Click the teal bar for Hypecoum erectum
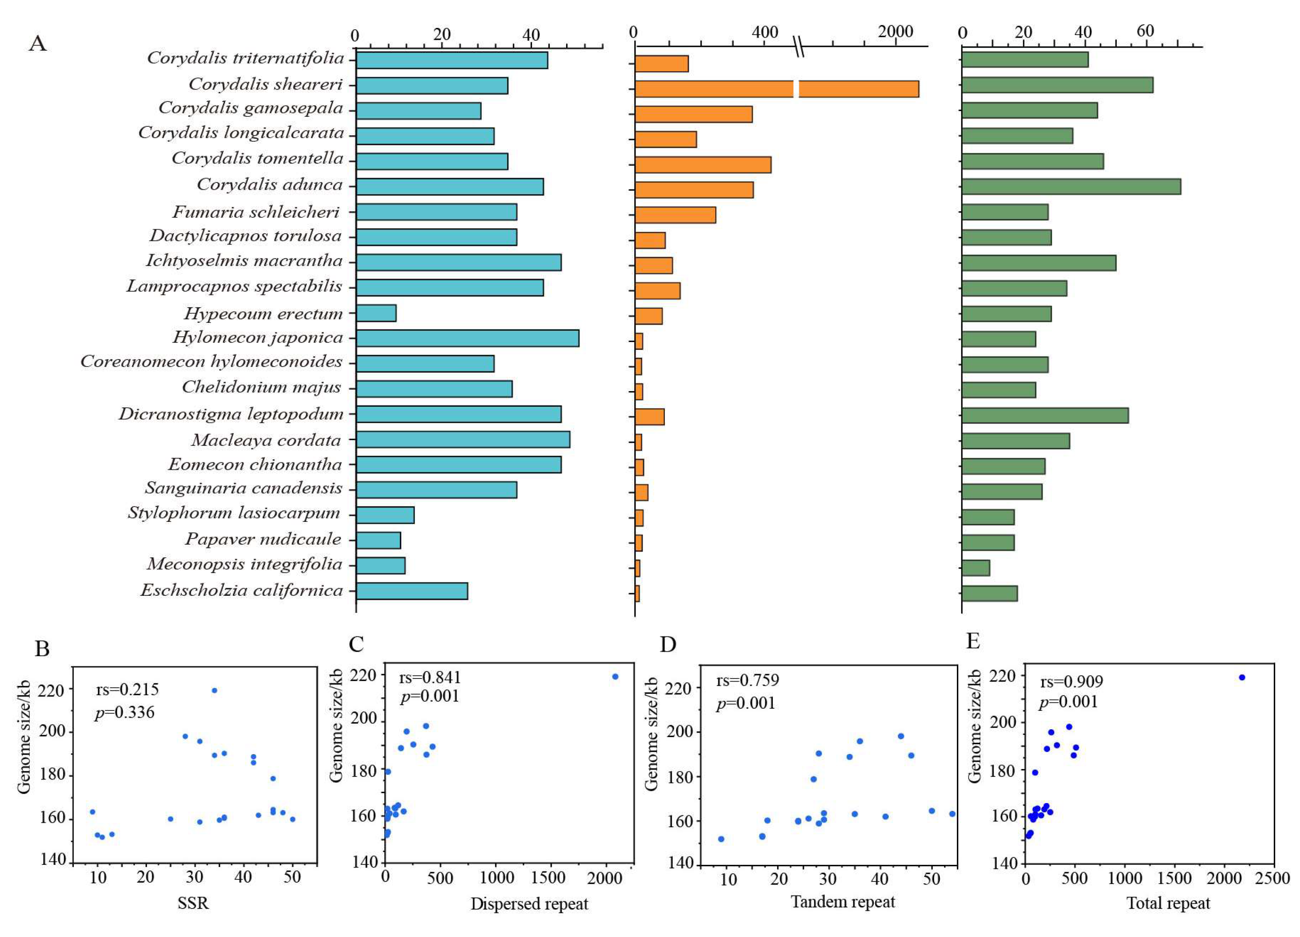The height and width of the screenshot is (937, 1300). (x=376, y=313)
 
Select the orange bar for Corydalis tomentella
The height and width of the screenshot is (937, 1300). (x=703, y=164)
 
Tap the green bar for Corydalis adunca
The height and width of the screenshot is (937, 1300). (x=1071, y=186)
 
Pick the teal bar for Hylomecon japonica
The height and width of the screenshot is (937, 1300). (x=467, y=338)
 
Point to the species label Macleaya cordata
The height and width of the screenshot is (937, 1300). (x=266, y=440)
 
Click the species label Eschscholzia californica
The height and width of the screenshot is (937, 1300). (x=241, y=590)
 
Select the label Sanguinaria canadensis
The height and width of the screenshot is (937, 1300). (x=243, y=488)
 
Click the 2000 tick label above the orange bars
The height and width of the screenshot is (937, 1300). (x=895, y=32)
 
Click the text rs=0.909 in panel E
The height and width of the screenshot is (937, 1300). (x=1071, y=682)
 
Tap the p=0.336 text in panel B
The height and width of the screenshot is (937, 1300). (x=125, y=713)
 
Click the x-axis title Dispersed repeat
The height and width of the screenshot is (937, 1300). (x=529, y=904)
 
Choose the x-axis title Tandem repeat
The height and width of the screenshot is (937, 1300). (x=843, y=902)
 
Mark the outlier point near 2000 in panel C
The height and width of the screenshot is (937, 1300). (x=615, y=677)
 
